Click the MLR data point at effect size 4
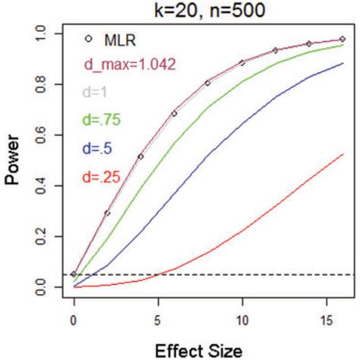click(141, 156)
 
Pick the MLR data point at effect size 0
click(74, 274)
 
